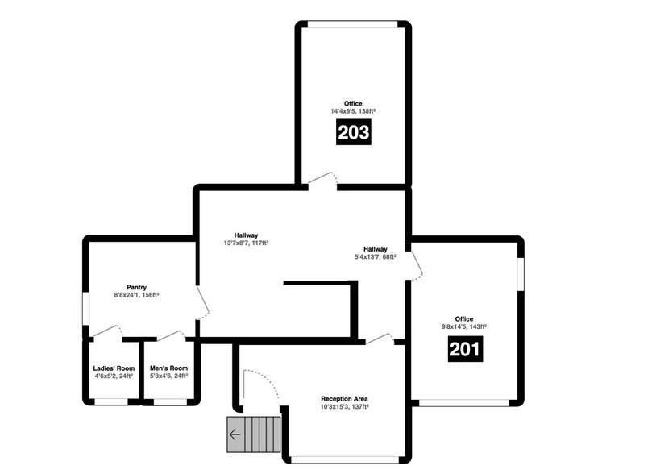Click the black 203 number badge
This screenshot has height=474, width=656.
(354, 132)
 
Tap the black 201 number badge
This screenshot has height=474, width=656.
(464, 349)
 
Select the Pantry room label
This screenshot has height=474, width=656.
(135, 287)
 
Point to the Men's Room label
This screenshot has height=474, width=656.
(168, 368)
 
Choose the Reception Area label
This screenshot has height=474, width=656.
(344, 399)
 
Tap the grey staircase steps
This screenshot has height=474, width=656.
(256, 436)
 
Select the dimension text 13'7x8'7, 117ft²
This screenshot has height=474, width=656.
(246, 243)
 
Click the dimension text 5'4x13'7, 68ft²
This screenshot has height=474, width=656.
(375, 257)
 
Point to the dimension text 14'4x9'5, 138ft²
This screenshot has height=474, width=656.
(353, 111)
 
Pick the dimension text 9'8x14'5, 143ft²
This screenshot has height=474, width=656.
(463, 327)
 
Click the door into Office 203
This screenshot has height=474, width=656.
(322, 180)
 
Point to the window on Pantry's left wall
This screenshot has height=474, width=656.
(86, 309)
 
